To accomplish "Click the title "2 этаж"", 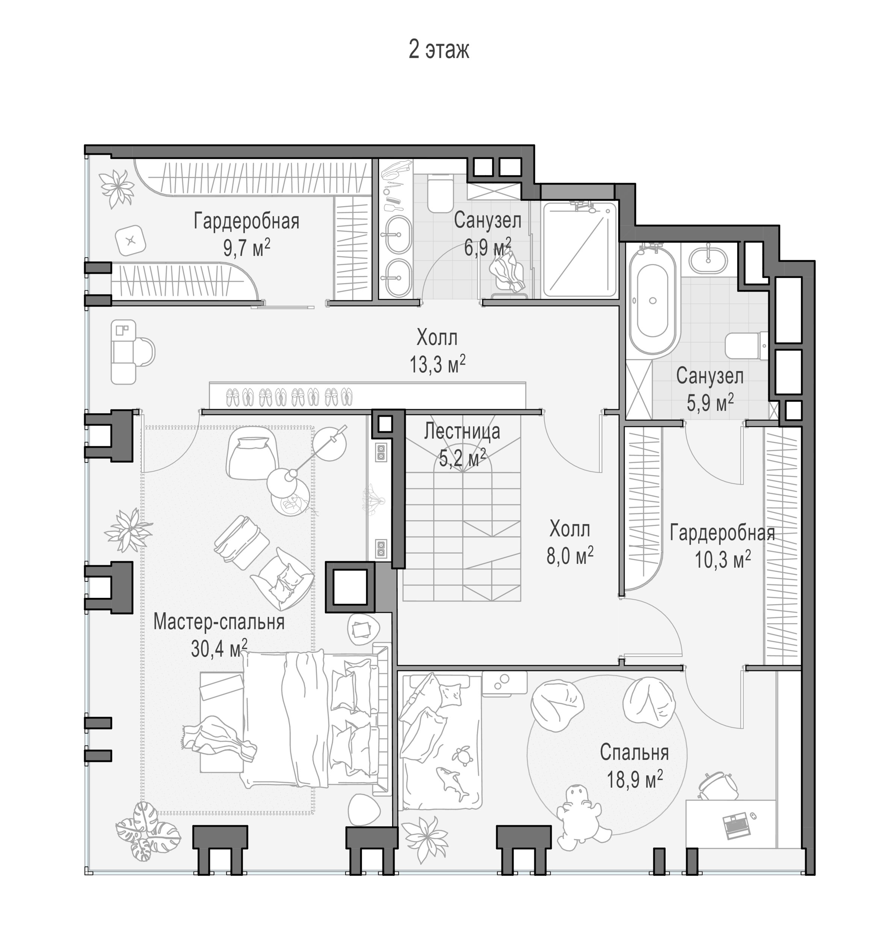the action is [438, 50].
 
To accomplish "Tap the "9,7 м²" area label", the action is [247, 247].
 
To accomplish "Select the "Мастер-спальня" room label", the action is [219, 622].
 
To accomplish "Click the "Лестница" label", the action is [462, 431].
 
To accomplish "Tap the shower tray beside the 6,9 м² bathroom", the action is [580, 249].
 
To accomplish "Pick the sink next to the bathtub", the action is [708, 260].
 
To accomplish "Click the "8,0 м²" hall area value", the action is [570, 556].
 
